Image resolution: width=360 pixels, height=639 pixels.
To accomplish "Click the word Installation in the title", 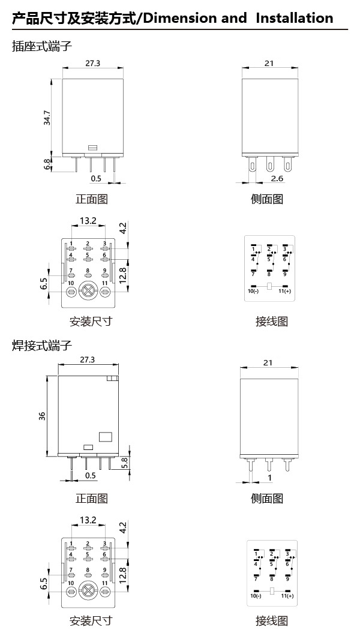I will click(294, 18).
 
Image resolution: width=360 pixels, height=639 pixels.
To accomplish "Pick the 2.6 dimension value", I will click(277, 179).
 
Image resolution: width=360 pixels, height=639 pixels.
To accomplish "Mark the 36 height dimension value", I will click(43, 415).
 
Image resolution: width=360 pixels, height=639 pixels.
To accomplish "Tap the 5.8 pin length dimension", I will click(124, 463).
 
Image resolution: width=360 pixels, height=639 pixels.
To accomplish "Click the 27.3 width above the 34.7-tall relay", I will click(92, 63).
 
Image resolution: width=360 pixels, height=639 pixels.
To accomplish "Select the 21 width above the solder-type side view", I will click(269, 362).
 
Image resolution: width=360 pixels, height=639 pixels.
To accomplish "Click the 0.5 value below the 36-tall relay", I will click(90, 475).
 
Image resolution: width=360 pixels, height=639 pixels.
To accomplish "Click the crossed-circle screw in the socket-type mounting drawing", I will click(88, 292).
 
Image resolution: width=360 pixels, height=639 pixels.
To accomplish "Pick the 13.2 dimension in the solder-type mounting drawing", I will click(88, 520).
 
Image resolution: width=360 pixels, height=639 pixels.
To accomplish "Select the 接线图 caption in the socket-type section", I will click(271, 322).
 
